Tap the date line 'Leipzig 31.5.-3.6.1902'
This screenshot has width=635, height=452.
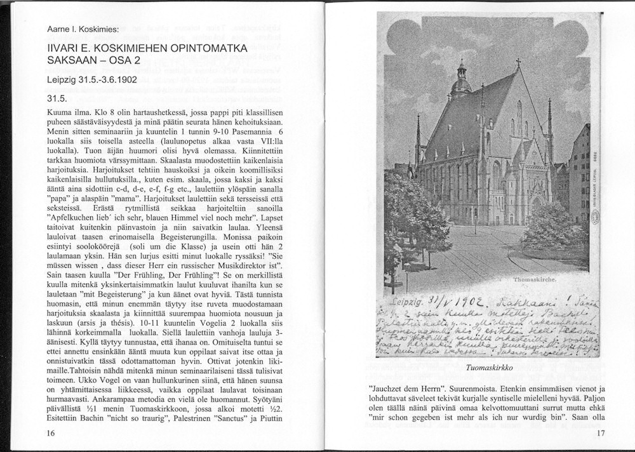tap(92, 81)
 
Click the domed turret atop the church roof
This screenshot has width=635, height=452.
tap(462, 79)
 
